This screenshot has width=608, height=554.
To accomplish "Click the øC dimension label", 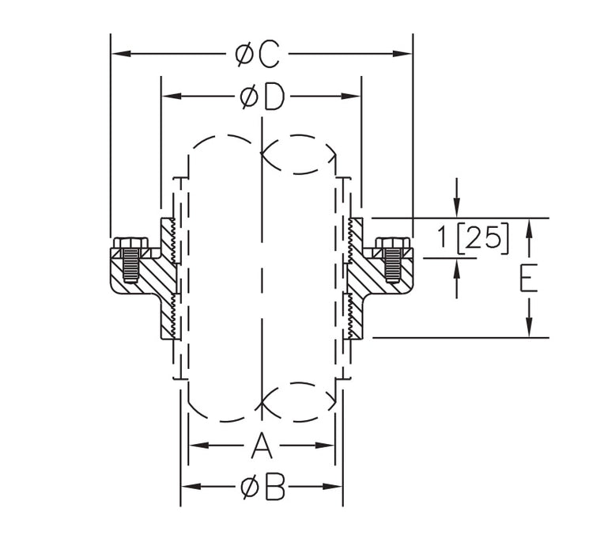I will pyautogui.click(x=258, y=55).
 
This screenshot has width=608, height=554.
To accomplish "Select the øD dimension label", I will pyautogui.click(x=262, y=97).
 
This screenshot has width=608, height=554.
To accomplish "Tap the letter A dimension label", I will pyautogui.click(x=262, y=446).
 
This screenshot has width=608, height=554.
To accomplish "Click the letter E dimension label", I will pyautogui.click(x=529, y=279).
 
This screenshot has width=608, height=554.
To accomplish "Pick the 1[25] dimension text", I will pyautogui.click(x=474, y=237).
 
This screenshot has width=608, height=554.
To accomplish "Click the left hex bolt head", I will pyautogui.click(x=128, y=243).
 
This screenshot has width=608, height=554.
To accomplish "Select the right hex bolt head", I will pyautogui.click(x=393, y=243).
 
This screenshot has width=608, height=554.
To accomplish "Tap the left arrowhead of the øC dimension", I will pyautogui.click(x=119, y=55).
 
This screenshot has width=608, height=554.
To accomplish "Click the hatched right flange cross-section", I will pyautogui.click(x=370, y=277).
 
